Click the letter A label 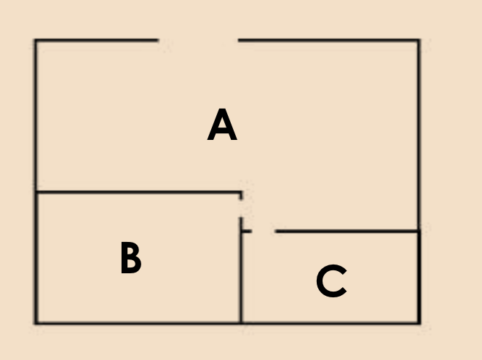222,125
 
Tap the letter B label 130,259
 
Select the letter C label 331,281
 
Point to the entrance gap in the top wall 198,40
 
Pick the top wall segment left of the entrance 96,40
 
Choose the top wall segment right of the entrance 328,40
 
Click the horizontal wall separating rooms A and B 138,193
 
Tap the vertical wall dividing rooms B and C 241,277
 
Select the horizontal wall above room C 347,232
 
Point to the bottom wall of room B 138,322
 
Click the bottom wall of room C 330,322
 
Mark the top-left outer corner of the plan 36,41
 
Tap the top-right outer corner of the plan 419,41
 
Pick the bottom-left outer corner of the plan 36,322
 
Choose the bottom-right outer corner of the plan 419,322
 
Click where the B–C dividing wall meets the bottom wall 241,322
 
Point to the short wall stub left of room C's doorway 246,232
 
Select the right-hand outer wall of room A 419,136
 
